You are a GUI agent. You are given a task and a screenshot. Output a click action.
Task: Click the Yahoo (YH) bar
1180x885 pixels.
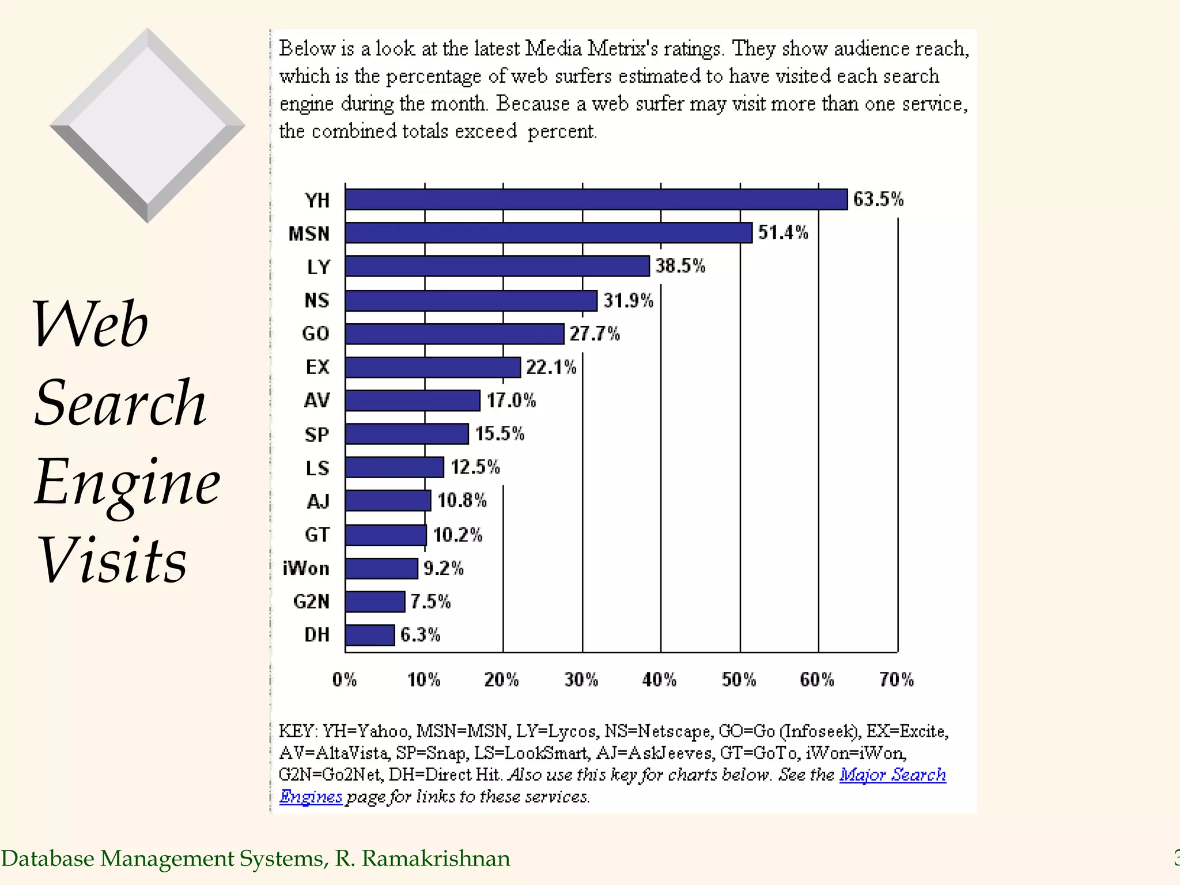(596, 199)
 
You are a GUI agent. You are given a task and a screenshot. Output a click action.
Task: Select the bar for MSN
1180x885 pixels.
(549, 233)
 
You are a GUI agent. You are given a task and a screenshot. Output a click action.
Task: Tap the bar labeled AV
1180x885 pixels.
(413, 400)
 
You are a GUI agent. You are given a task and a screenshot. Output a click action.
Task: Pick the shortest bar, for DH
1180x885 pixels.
(370, 635)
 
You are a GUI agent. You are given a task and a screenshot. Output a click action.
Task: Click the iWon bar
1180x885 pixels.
(381, 569)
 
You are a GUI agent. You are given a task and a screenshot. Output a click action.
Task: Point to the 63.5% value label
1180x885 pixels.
(878, 199)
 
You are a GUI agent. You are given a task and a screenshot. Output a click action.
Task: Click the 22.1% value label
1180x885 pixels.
(551, 367)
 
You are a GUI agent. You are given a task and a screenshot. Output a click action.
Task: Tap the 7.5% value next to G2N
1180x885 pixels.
(430, 602)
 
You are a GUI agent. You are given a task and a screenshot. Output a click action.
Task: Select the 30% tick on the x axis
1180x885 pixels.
(581, 680)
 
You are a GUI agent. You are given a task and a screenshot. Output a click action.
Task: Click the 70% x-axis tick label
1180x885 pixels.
(897, 680)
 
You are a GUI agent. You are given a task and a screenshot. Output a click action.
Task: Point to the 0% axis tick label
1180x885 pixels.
(345, 680)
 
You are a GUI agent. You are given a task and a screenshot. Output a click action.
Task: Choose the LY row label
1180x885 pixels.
(319, 267)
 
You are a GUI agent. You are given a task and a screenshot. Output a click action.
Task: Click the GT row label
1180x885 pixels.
(317, 535)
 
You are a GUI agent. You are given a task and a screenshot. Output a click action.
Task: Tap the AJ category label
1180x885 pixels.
(318, 501)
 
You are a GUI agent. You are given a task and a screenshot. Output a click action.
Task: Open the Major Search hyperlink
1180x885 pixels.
(892, 774)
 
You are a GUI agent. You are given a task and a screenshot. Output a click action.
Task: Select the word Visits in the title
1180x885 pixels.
(112, 560)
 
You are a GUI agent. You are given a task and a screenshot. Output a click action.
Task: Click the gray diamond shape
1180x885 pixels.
(147, 125)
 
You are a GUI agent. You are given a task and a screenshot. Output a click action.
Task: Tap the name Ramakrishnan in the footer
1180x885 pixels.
(436, 858)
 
